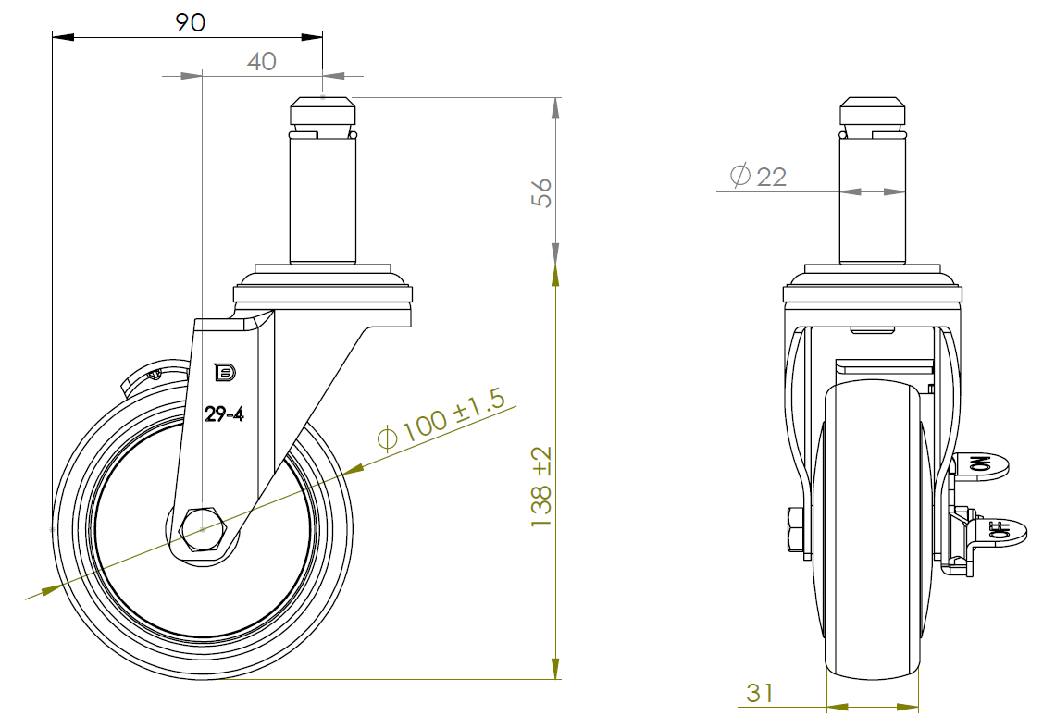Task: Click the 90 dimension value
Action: click(x=191, y=22)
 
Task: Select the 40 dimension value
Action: click(x=261, y=61)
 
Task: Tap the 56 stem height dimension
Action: click(x=541, y=192)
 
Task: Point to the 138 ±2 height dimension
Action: click(x=541, y=487)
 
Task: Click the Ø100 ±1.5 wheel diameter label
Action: click(x=441, y=420)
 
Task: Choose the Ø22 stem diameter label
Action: click(x=758, y=176)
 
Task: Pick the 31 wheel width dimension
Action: click(x=760, y=693)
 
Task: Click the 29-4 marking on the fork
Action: click(x=224, y=414)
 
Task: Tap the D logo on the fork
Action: click(x=225, y=373)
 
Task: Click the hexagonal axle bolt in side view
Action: click(x=203, y=530)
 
